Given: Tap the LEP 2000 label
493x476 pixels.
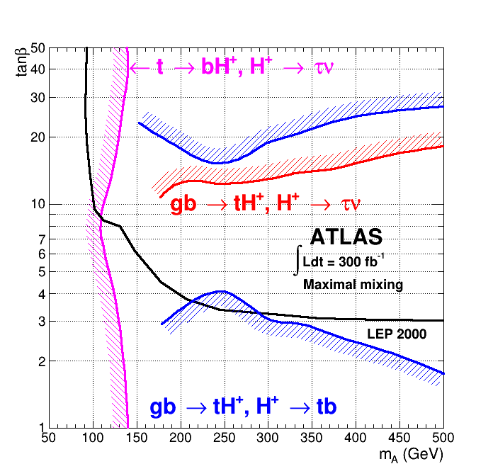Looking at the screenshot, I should pyautogui.click(x=397, y=334).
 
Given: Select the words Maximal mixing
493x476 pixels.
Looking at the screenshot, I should pyautogui.click(x=353, y=285).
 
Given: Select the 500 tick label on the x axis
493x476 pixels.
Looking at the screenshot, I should pyautogui.click(x=443, y=438).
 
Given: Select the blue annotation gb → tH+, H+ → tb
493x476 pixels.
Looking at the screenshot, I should pyautogui.click(x=243, y=407).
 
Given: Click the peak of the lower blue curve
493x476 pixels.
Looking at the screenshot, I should pyautogui.click(x=222, y=291).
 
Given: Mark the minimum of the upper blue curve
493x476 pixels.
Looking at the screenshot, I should pyautogui.click(x=218, y=163).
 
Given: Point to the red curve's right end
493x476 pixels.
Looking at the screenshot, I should pyautogui.click(x=443, y=146).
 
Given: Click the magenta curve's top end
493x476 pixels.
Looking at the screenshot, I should pyautogui.click(x=127, y=48).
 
